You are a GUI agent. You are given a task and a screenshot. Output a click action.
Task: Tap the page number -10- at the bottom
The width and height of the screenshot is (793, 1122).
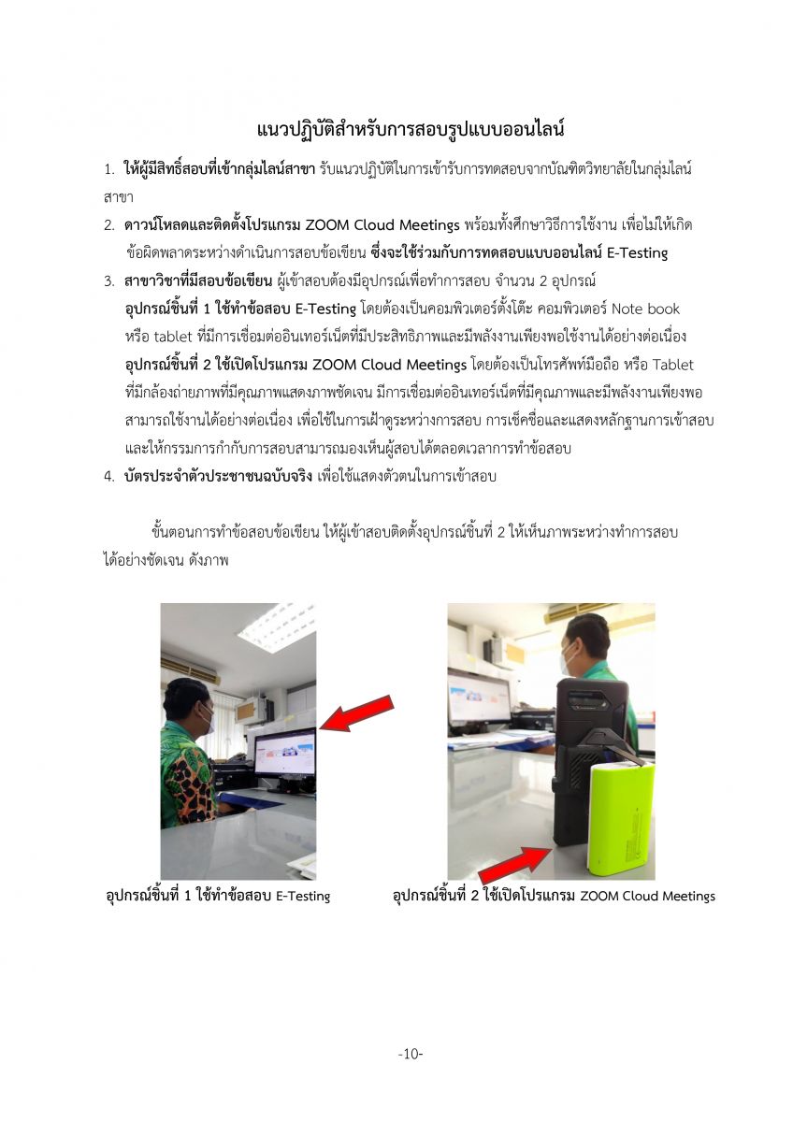tap(411, 1054)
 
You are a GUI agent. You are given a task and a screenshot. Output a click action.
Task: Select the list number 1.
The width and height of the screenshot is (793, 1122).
tap(108, 172)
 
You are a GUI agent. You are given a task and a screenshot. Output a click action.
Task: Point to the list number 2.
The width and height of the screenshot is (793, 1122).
tap(108, 225)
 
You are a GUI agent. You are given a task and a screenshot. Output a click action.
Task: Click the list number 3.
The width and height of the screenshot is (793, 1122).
tap(108, 280)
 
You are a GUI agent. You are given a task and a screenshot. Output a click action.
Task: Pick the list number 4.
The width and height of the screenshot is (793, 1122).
tap(108, 476)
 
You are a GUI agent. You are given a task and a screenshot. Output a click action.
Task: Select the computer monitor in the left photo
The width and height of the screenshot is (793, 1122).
tap(284, 758)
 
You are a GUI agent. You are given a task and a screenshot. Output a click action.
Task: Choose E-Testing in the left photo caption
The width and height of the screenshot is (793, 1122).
tap(303, 897)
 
